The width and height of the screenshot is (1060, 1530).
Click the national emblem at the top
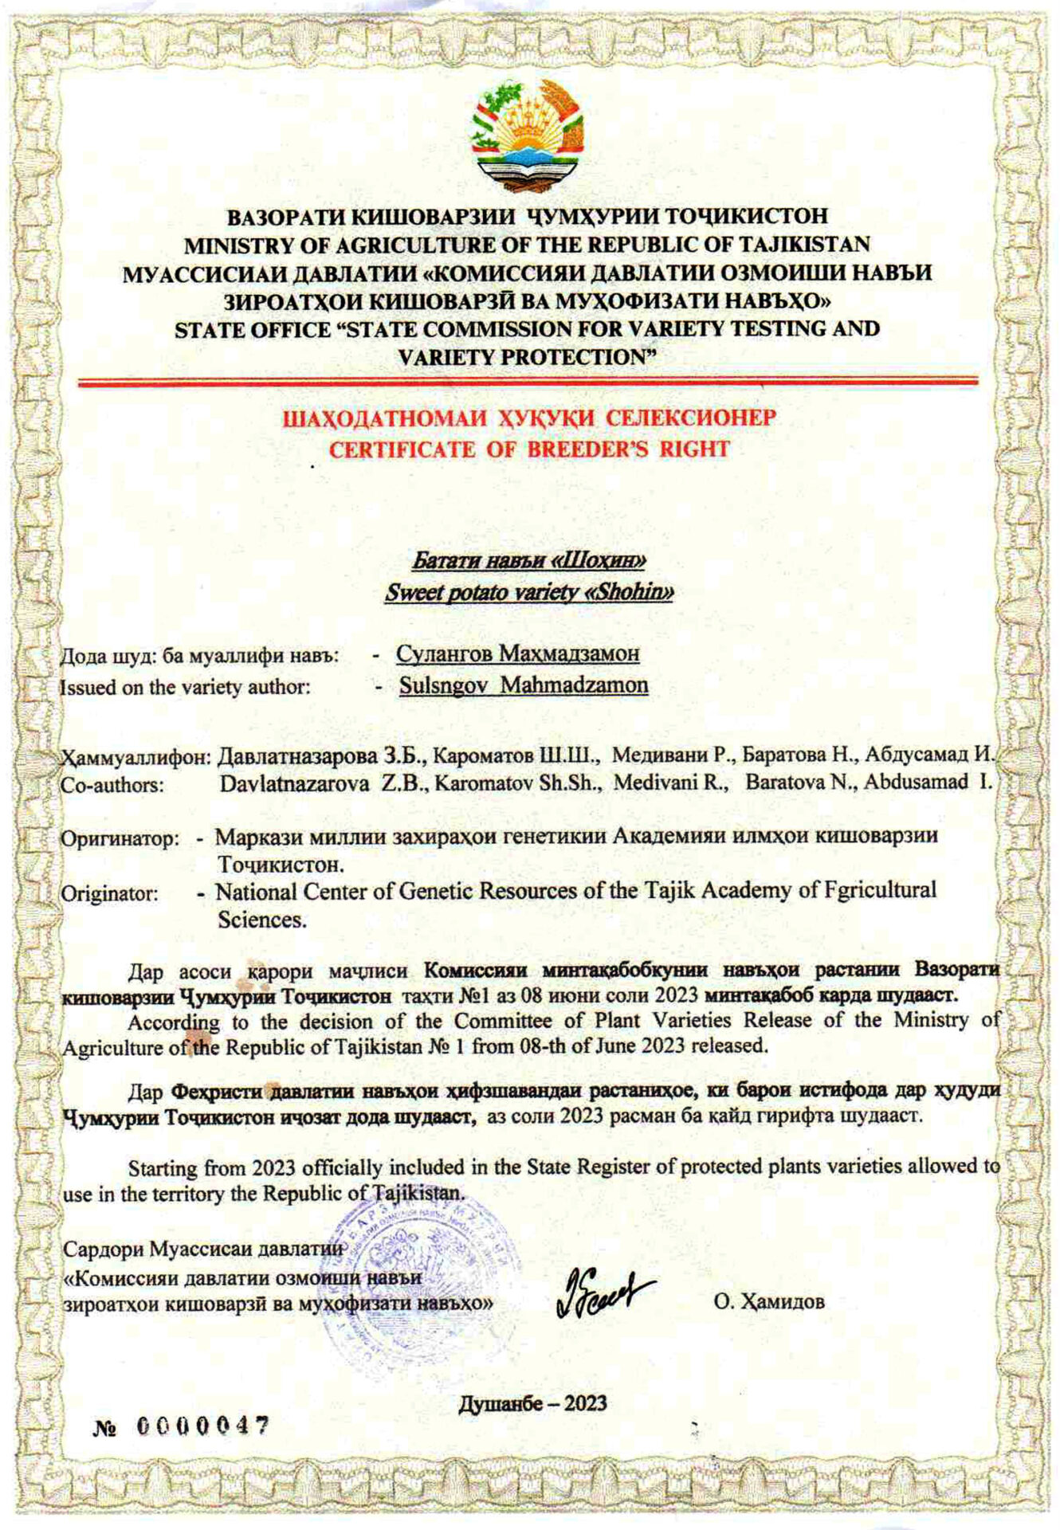point(528,137)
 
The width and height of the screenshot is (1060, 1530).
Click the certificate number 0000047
point(202,1426)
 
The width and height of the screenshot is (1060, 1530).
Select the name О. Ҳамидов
point(769,1302)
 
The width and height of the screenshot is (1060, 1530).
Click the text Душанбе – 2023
point(532,1403)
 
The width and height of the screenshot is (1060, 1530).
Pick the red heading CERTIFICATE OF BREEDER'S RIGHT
point(529,449)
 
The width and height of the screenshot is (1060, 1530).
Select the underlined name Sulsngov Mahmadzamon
point(524,685)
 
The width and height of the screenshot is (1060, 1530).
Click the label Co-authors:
point(112,785)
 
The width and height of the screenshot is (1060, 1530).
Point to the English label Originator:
point(110,894)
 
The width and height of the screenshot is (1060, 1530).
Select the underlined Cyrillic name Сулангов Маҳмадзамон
point(518,654)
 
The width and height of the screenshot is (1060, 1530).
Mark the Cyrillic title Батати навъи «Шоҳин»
point(528,561)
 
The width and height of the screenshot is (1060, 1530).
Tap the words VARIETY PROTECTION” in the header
point(527,358)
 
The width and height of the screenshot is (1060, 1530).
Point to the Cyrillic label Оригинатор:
point(120,839)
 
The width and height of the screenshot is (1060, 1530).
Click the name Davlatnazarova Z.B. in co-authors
point(325,783)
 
